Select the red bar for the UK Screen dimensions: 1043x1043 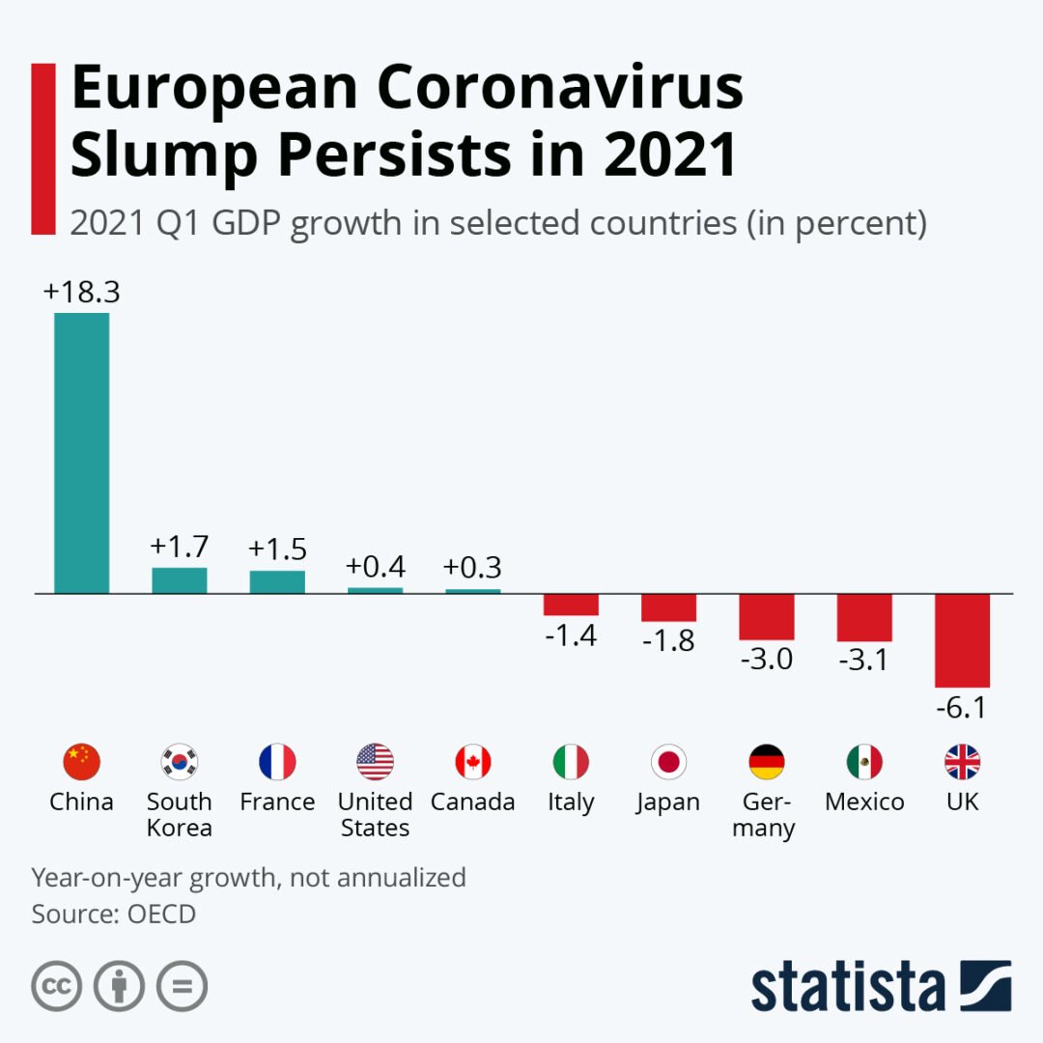[962, 639]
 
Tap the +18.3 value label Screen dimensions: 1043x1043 [81, 292]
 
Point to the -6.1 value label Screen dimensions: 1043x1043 [961, 708]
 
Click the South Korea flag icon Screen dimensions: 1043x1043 [180, 762]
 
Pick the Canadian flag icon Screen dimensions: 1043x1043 [473, 762]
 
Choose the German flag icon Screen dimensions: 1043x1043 [767, 762]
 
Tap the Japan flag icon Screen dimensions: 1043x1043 [668, 762]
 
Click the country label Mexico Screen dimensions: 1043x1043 [864, 802]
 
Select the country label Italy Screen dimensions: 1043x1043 [571, 802]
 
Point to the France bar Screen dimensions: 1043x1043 [277, 581]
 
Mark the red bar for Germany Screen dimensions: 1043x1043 [767, 616]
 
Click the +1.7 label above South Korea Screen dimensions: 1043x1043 [179, 548]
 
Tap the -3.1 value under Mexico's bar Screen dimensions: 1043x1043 [864, 662]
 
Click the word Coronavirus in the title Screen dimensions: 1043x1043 [560, 89]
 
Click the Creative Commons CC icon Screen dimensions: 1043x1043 [56, 986]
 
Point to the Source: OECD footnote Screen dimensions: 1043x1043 [114, 914]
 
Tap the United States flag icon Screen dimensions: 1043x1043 [375, 762]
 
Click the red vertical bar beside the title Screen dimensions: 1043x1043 [43, 148]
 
